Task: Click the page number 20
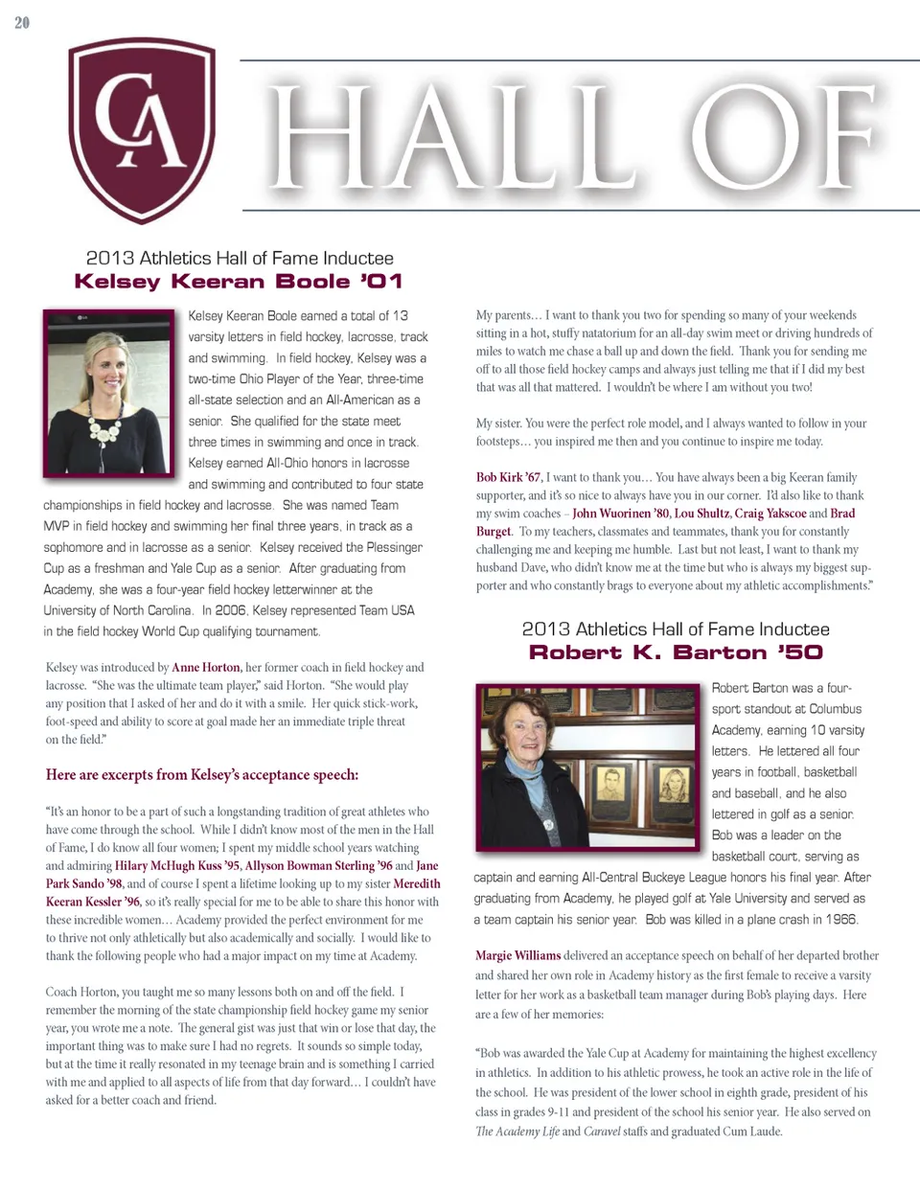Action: (22, 22)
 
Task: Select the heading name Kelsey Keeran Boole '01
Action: (239, 282)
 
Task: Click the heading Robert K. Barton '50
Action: (676, 652)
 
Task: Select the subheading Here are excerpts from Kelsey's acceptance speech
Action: (202, 775)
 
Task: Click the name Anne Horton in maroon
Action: (206, 668)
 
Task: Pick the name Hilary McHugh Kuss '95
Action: (177, 865)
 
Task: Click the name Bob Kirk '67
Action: (508, 477)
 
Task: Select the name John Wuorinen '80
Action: (621, 514)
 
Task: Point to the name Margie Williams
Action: (517, 955)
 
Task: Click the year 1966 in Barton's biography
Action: (839, 920)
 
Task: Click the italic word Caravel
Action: (603, 1132)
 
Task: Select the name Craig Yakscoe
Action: (770, 514)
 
